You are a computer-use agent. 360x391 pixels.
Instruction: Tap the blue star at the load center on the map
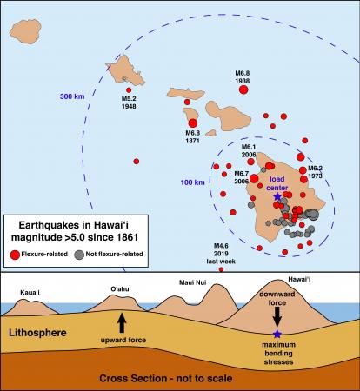[277, 197]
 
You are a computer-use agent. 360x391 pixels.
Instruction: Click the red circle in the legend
[15, 255]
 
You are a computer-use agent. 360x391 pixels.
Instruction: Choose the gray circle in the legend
[80, 255]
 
